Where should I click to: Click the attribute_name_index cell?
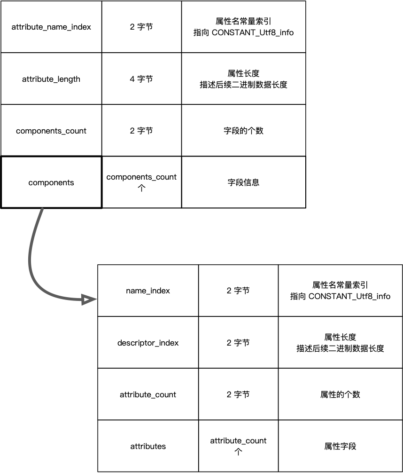pyautogui.click(x=51, y=27)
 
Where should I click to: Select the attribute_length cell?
pyautogui.click(x=51, y=79)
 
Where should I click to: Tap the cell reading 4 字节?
pyautogui.click(x=141, y=79)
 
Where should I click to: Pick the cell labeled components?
pyautogui.click(x=51, y=182)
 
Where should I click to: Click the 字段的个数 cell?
pyautogui.click(x=243, y=131)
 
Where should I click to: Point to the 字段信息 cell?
pyautogui.click(x=243, y=182)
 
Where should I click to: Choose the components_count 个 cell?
pyautogui.click(x=141, y=182)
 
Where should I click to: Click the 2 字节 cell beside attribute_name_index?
pyautogui.click(x=141, y=27)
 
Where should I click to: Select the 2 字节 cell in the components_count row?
pyautogui.click(x=141, y=131)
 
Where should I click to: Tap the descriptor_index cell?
pyautogui.click(x=148, y=343)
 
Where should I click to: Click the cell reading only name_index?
pyautogui.click(x=148, y=291)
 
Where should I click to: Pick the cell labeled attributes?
pyautogui.click(x=148, y=446)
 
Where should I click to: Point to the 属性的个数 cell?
pyautogui.click(x=340, y=394)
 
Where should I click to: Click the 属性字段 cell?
pyautogui.click(x=340, y=446)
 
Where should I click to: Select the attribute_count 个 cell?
pyautogui.click(x=238, y=446)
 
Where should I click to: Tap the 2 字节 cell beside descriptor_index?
pyautogui.click(x=238, y=343)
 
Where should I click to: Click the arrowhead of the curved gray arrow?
pyautogui.click(x=89, y=300)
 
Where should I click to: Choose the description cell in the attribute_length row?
pyautogui.click(x=243, y=79)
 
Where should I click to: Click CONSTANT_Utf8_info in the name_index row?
pyautogui.click(x=349, y=296)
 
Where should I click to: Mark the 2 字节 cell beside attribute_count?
pyautogui.click(x=238, y=394)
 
